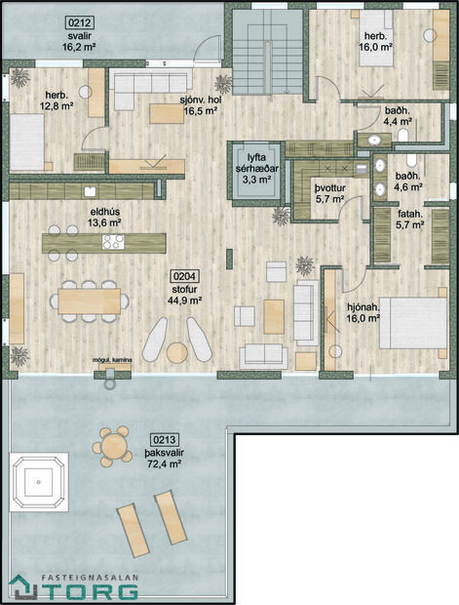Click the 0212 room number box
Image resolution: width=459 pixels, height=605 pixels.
pyautogui.click(x=79, y=20)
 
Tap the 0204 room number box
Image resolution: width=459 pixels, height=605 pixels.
pyautogui.click(x=183, y=276)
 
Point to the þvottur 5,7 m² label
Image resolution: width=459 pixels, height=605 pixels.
pyautogui.click(x=329, y=191)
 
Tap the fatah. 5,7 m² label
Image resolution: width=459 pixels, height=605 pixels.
pyautogui.click(x=409, y=218)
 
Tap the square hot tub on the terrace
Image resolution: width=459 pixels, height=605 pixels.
pyautogui.click(x=39, y=481)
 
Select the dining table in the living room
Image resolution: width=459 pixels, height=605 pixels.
pyautogui.click(x=89, y=299)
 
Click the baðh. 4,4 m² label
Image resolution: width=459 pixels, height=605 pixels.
pyautogui.click(x=398, y=117)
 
